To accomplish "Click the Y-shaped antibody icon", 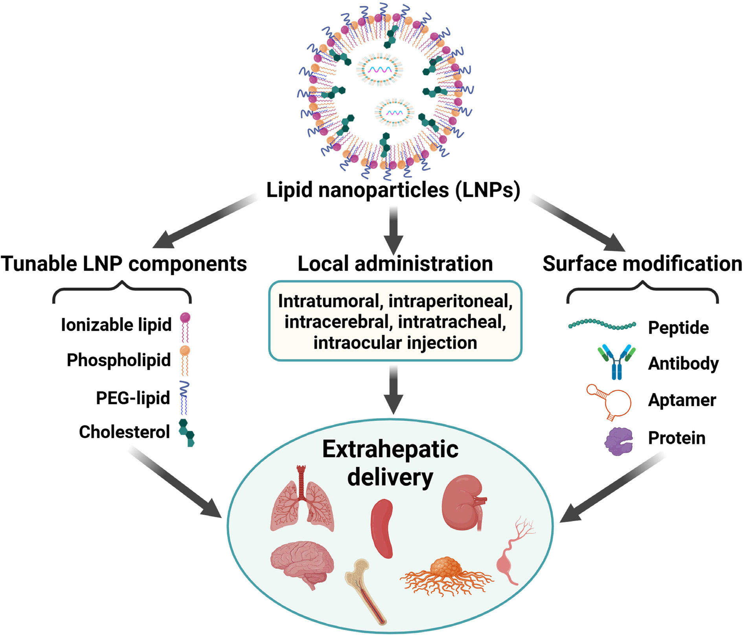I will click(616, 362).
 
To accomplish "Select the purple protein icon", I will click(618, 441).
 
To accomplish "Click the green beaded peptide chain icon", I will click(602, 325).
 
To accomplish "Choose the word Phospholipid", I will click(119, 360).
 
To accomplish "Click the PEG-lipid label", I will click(133, 398).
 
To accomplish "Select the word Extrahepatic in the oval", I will click(390, 449).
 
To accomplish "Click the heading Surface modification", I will click(642, 264).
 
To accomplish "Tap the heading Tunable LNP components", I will click(124, 264).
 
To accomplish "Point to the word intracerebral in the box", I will click(337, 322).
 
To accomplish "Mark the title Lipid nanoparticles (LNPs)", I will click(393, 191).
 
